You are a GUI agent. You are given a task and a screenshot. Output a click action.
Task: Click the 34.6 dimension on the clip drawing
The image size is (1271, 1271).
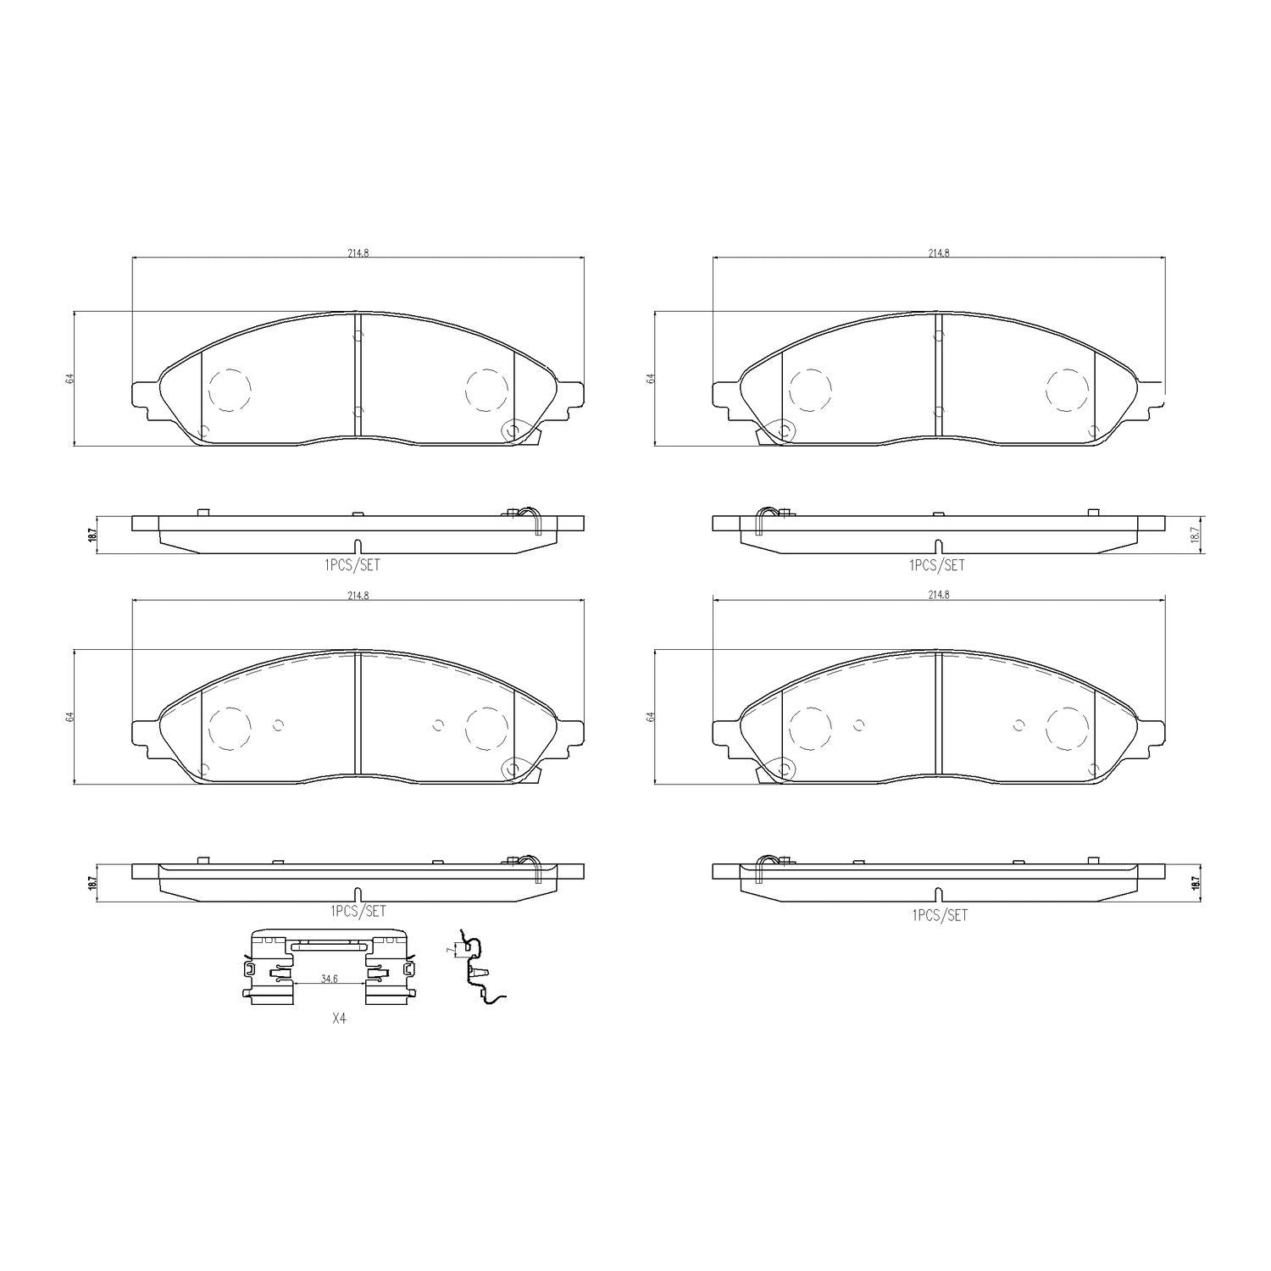coord(329,979)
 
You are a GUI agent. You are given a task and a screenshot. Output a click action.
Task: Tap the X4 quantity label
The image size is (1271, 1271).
coord(339,1020)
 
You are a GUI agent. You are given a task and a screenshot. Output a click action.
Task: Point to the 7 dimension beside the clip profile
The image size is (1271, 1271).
coord(449,951)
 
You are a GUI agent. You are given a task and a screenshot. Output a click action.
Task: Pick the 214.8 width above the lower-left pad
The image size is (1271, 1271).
coord(358,596)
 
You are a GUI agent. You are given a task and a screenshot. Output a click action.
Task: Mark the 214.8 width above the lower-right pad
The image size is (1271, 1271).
coord(938,596)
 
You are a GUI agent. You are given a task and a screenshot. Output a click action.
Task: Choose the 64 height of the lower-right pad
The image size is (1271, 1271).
coord(651,717)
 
